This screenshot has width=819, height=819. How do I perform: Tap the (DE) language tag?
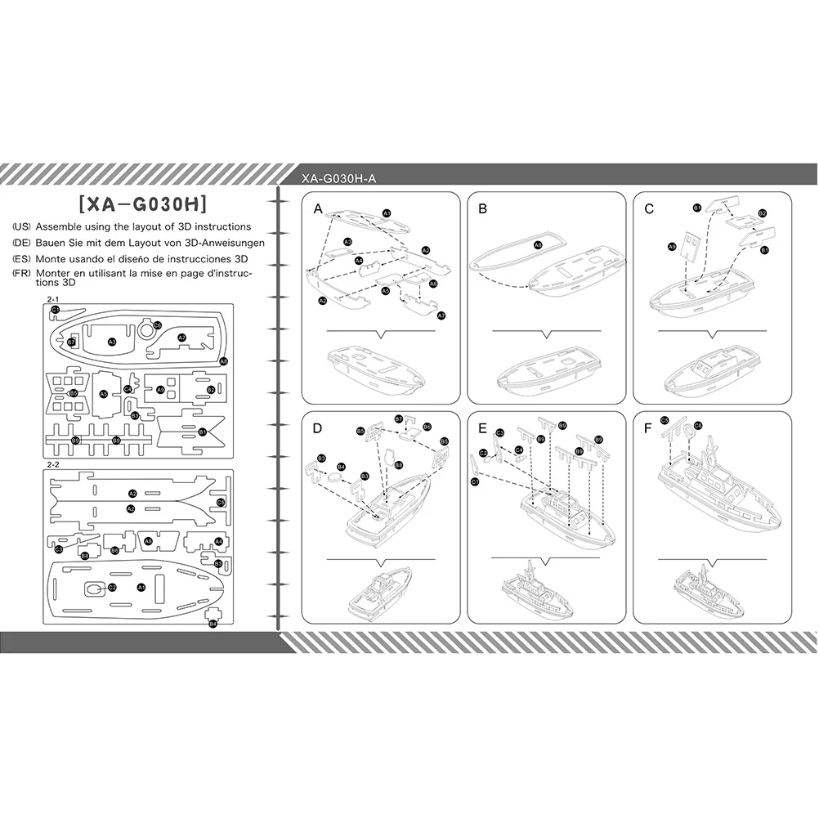click(22, 243)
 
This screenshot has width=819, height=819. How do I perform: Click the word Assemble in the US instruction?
click(60, 226)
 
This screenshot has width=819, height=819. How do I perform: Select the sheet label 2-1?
click(54, 299)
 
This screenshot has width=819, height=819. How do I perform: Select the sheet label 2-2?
click(54, 464)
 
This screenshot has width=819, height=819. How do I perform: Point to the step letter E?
click(483, 427)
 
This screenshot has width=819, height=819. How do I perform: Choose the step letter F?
click(648, 427)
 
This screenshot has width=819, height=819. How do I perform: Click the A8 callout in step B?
click(537, 245)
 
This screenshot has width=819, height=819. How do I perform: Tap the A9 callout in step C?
click(672, 245)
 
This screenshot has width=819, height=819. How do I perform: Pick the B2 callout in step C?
click(762, 213)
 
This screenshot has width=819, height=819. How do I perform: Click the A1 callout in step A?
click(387, 213)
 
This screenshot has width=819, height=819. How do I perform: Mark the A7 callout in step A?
click(441, 315)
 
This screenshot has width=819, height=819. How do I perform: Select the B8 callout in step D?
click(398, 464)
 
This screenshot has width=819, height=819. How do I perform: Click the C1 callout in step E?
click(475, 482)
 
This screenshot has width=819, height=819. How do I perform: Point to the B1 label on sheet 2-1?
click(202, 431)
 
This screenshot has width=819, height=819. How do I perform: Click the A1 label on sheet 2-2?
click(141, 587)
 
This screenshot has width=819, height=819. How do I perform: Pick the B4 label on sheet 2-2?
click(213, 624)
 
